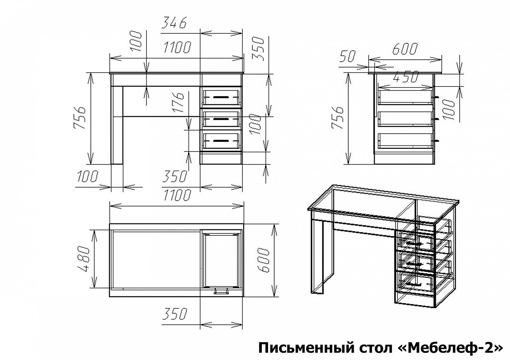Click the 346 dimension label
[x=175, y=23]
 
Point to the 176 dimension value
[x=179, y=102]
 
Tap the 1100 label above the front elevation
[x=177, y=47]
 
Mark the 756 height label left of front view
[x=80, y=118]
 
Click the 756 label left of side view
[x=338, y=118]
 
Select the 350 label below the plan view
[x=175, y=314]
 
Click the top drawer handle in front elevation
[x=221, y=97]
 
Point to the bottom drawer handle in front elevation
[x=221, y=140]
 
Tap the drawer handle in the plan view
[x=221, y=292]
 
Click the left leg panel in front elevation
[x=117, y=125]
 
